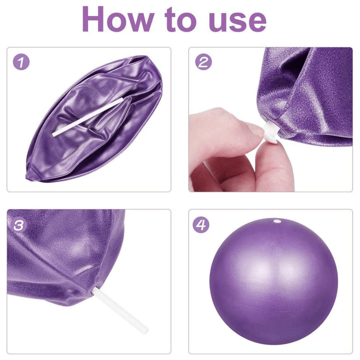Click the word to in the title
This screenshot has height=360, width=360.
pos(181,20)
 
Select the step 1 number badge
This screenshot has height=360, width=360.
pos(21,63)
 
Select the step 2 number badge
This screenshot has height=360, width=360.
pos(203,62)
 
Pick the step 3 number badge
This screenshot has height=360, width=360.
pos(19,225)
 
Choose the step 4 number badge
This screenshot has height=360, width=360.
pos(201,225)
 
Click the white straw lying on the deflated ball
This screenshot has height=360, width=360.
pos(87,117)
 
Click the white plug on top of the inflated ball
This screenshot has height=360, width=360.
pos(277,222)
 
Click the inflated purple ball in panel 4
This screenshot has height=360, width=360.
pos(274,284)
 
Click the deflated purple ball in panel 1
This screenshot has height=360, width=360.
pos(94,119)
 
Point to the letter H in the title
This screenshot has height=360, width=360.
pos(93,20)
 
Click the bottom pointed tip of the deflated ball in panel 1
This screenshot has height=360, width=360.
pos(27,177)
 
